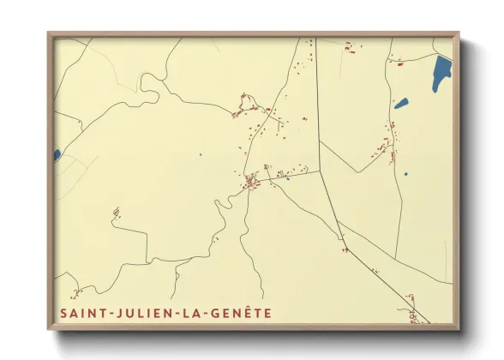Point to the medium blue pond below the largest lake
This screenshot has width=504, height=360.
click(401, 104)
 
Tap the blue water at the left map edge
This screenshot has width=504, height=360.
click(57, 155)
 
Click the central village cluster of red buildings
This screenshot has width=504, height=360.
click(251, 181)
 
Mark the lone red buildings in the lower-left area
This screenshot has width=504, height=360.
click(116, 212)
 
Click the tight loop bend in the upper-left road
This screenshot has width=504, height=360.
click(147, 80)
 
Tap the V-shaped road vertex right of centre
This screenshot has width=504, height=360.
click(321, 171)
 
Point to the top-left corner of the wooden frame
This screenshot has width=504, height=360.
click(49, 33)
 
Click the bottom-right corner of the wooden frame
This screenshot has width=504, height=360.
click(459, 329)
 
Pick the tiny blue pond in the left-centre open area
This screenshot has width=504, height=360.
click(201, 154)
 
